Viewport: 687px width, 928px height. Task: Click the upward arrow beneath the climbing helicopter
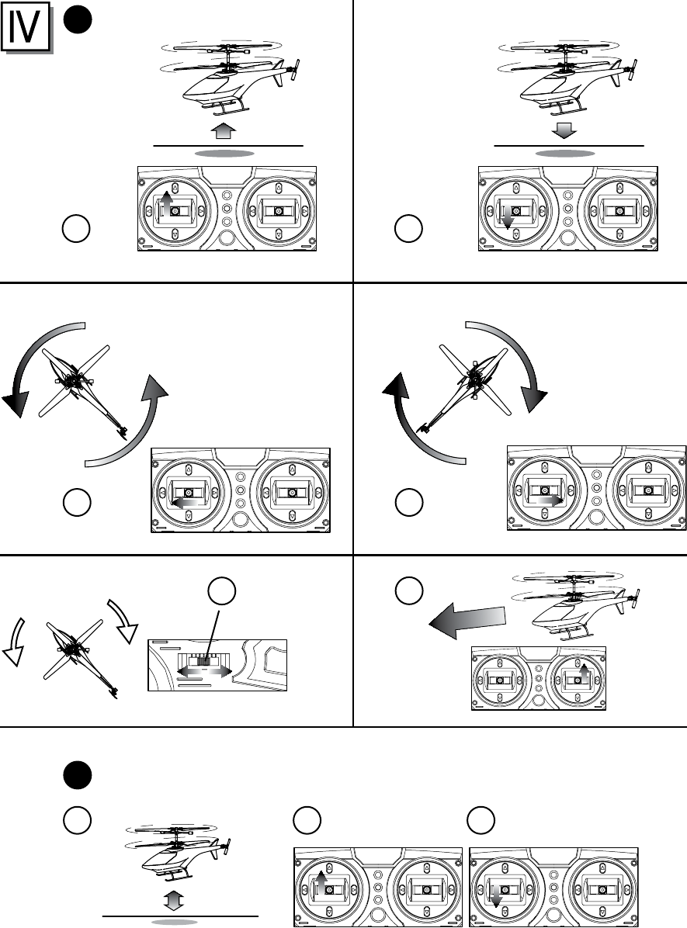point(224,128)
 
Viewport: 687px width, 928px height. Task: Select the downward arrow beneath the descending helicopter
point(565,128)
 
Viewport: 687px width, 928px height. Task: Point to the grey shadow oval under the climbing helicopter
point(224,154)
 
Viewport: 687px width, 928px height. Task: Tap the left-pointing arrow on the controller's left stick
point(182,503)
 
